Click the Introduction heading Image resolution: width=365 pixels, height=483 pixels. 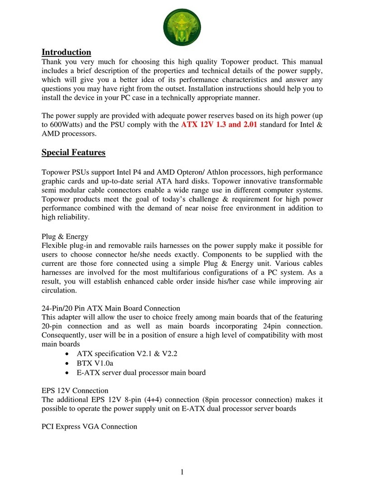[x=66, y=52]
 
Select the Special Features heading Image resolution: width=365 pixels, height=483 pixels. [x=74, y=153]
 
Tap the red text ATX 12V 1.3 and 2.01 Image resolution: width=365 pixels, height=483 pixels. [x=219, y=125]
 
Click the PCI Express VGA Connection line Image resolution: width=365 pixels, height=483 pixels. [x=89, y=426]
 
